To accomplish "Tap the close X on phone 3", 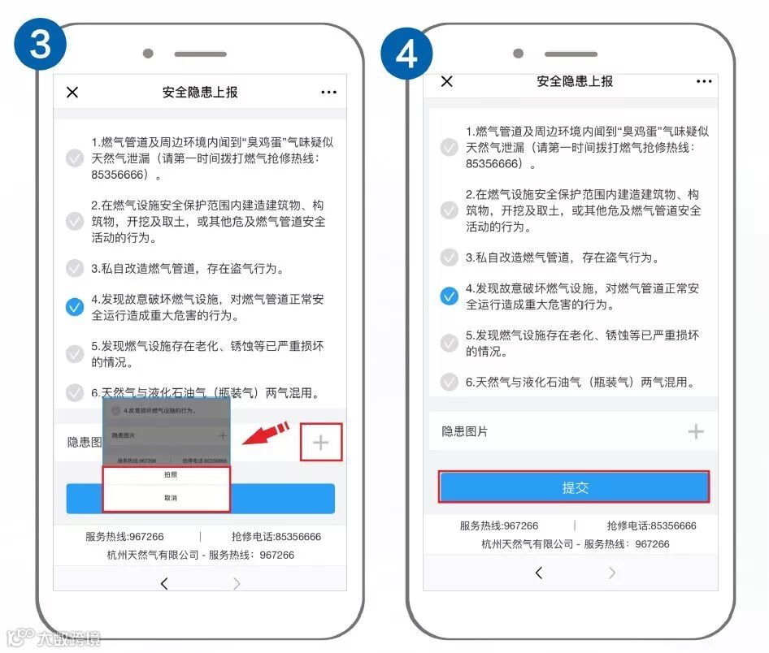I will (72, 93).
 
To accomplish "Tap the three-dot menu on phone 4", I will (704, 82).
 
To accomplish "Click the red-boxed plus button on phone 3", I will (321, 443).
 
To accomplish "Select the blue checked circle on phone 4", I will (450, 296).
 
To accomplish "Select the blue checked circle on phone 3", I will (75, 307).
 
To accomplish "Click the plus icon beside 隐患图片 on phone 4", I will (696, 431).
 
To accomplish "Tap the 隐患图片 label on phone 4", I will (465, 432).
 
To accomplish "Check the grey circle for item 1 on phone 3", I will (75, 158).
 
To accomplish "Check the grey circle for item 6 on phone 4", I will (450, 382).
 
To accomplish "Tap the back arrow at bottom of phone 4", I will (538, 573).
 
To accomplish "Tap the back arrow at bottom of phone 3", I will (164, 584).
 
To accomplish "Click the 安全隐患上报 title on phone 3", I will (200, 93).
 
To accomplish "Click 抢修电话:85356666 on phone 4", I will (652, 525).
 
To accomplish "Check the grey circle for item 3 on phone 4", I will (450, 257).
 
